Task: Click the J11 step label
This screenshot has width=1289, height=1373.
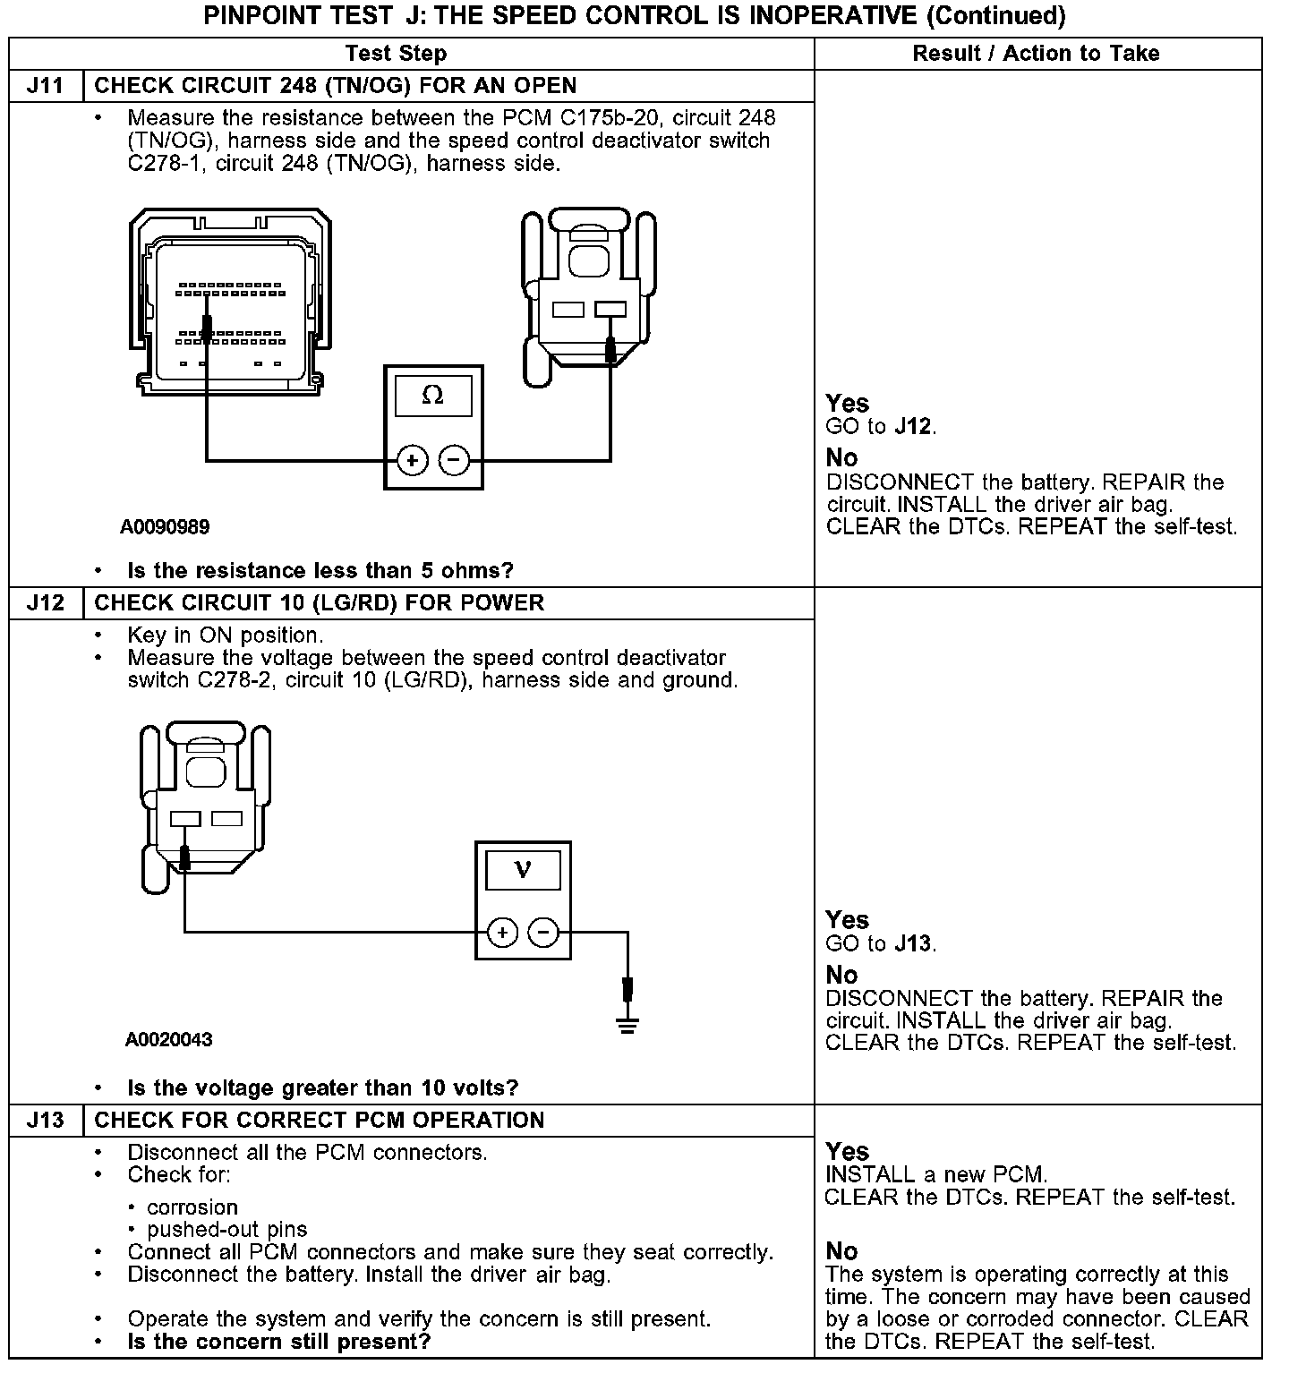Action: (x=45, y=86)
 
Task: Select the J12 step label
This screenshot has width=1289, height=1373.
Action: (x=45, y=602)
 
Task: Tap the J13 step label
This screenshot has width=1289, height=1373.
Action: (x=45, y=1120)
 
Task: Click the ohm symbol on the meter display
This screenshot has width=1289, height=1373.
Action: (x=432, y=395)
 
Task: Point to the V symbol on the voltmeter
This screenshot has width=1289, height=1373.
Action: (x=523, y=869)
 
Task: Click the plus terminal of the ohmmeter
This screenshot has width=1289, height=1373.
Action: (x=412, y=461)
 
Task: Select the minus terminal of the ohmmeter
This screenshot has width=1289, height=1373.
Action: (x=454, y=461)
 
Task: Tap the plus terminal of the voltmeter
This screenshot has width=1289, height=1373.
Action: (x=502, y=933)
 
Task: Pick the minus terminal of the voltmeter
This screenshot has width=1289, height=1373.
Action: (x=543, y=933)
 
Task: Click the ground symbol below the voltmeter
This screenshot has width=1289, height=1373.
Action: (x=627, y=1025)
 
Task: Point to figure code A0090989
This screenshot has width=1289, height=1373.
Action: (x=165, y=527)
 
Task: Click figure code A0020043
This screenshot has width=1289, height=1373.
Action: (x=168, y=1040)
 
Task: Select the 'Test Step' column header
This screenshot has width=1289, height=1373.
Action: (x=396, y=54)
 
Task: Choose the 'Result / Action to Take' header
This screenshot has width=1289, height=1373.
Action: (x=1036, y=54)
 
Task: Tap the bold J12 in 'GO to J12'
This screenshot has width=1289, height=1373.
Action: (x=913, y=427)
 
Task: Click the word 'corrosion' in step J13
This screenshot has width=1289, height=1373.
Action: (x=192, y=1207)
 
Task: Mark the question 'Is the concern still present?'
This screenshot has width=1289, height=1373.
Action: (x=278, y=1342)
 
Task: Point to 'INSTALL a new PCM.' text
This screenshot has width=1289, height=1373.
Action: (x=935, y=1174)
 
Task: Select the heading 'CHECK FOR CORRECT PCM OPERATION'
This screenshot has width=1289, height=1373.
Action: (x=319, y=1120)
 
